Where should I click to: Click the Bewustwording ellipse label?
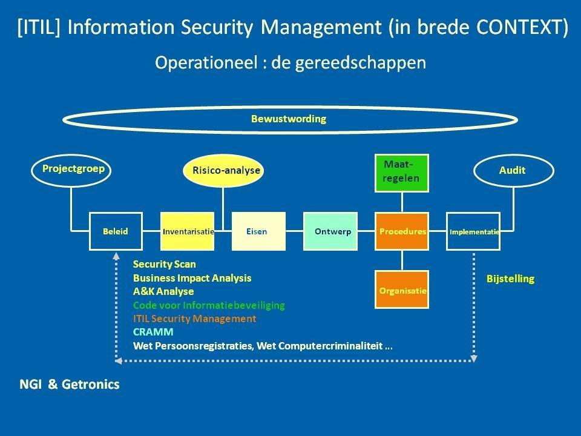pyautogui.click(x=289, y=119)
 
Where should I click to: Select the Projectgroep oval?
pyautogui.click(x=73, y=169)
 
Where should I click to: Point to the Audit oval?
pyautogui.click(x=513, y=170)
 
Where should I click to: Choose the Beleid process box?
pyautogui.click(x=116, y=231)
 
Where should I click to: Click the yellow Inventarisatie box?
pyautogui.click(x=188, y=231)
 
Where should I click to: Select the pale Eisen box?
pyautogui.click(x=258, y=231)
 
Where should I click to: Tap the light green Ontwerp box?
pyautogui.click(x=330, y=231)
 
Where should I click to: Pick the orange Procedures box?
pyautogui.click(x=402, y=231)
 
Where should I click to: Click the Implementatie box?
pyautogui.click(x=473, y=231)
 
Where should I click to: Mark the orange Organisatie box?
pyautogui.click(x=402, y=290)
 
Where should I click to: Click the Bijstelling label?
pyautogui.click(x=510, y=279)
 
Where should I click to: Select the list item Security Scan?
pyautogui.click(x=165, y=265)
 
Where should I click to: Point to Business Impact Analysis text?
pyautogui.click(x=192, y=278)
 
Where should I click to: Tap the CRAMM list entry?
pyautogui.click(x=153, y=332)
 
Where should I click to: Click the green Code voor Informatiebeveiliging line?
pyautogui.click(x=209, y=305)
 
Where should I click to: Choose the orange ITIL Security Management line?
pyautogui.click(x=194, y=319)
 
